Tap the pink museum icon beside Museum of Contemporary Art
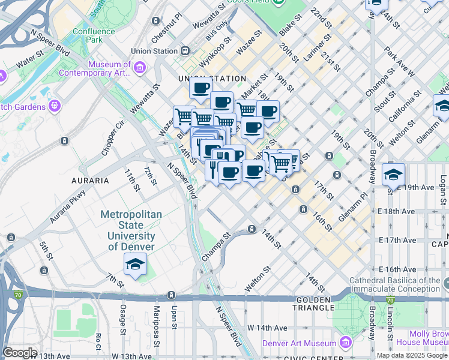pos(140,68)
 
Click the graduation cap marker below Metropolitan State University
pos(136,265)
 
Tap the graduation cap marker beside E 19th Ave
pos(393,175)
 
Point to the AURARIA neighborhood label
pos(91,180)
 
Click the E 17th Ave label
pos(397,240)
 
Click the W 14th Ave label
pos(268,328)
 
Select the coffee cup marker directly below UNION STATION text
pos(201,88)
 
